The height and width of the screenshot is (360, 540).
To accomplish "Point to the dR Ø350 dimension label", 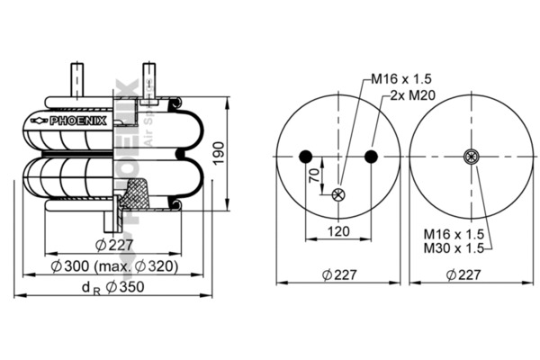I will pyautogui.click(x=112, y=287).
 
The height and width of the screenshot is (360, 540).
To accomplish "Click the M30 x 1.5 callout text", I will pyautogui.click(x=454, y=247).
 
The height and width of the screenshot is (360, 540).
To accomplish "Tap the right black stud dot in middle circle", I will pyautogui.click(x=371, y=157).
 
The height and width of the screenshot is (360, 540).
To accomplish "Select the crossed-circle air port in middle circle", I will pyautogui.click(x=338, y=194).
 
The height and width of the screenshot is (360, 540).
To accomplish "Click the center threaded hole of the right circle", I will pyautogui.click(x=471, y=157).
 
